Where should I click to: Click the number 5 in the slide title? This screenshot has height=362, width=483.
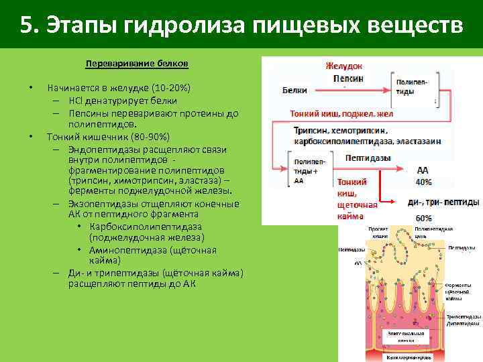click(26, 25)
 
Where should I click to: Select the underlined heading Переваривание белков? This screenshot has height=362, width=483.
click(137, 64)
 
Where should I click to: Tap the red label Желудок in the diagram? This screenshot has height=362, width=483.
click(343, 66)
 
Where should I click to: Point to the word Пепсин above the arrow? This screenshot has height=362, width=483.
click(348, 78)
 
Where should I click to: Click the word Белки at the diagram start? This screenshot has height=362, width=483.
click(295, 90)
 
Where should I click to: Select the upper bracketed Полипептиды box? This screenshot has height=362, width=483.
click(409, 86)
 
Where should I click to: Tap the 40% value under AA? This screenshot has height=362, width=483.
click(423, 182)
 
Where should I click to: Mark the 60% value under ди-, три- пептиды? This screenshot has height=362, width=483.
click(423, 218)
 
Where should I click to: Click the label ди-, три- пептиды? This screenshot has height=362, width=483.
click(443, 202)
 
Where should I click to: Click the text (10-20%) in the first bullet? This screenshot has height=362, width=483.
click(171, 88)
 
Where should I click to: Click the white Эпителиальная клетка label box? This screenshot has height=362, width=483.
click(406, 337)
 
